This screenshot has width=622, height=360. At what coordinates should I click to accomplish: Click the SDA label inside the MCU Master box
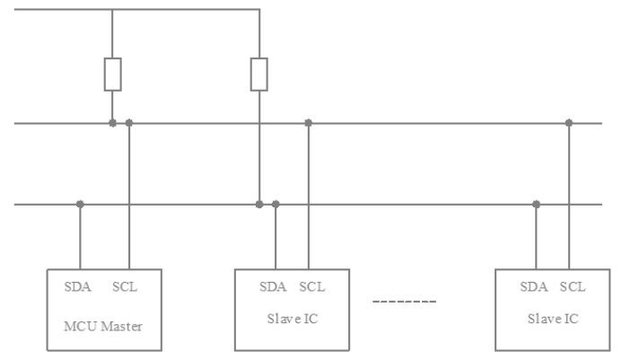(x=78, y=286)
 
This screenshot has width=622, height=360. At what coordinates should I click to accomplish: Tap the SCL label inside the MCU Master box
(x=125, y=286)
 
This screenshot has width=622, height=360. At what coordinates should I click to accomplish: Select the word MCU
(x=81, y=326)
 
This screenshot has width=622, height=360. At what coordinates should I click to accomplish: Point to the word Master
(x=121, y=326)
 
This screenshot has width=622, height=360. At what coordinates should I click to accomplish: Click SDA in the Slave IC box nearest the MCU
(x=273, y=286)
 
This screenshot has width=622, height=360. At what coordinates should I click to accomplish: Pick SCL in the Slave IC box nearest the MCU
(x=312, y=286)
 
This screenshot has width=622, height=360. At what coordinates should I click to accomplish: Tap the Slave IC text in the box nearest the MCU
(x=293, y=319)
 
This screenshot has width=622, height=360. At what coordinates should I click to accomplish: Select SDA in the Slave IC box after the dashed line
(x=533, y=286)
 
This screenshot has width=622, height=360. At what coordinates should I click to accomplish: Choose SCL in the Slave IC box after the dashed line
(x=573, y=286)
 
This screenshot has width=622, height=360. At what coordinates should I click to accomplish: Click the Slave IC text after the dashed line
(x=553, y=319)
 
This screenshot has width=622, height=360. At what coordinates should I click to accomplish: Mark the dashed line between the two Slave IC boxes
(x=404, y=302)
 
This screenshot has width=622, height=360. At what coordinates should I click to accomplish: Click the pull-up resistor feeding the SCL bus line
(x=113, y=75)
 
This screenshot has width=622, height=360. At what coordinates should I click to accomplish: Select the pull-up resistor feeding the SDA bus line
(x=259, y=75)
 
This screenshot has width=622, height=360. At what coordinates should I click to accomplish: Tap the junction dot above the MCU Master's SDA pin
(x=80, y=205)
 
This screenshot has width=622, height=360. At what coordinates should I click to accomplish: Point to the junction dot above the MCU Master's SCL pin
(x=129, y=123)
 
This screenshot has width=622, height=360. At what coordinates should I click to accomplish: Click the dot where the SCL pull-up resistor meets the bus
(x=113, y=123)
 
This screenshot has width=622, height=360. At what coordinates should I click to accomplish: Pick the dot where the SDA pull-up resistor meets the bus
(x=259, y=205)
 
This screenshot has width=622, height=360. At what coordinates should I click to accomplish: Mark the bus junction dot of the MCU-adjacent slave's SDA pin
(x=276, y=205)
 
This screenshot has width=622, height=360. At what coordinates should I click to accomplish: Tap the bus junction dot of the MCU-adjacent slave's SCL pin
(x=308, y=123)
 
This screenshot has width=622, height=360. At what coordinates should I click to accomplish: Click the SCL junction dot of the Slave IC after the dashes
(x=569, y=123)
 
